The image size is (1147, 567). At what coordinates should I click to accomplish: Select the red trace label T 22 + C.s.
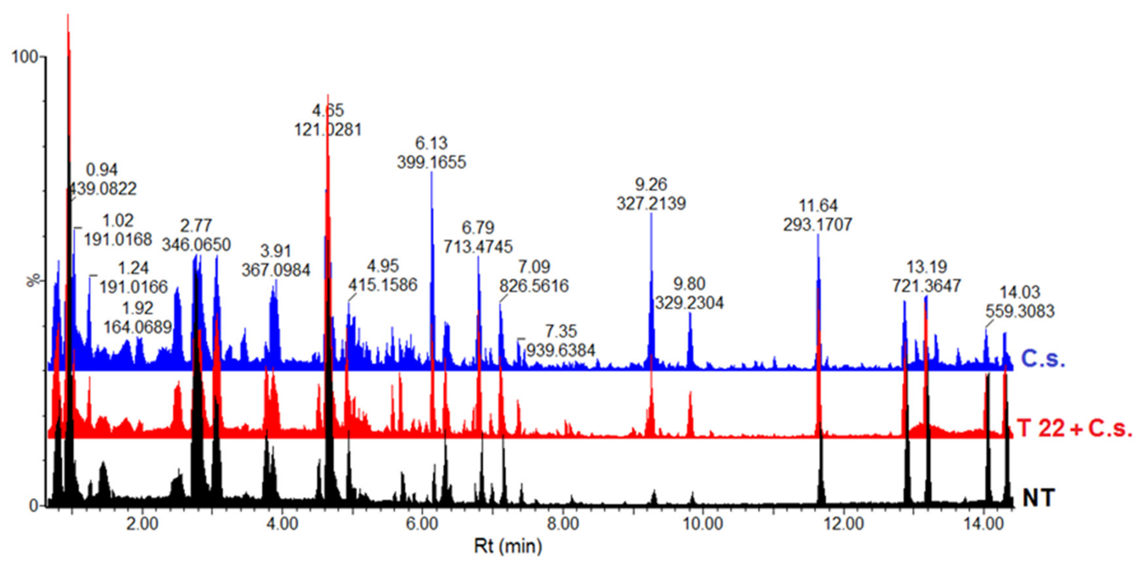(x=1074, y=429)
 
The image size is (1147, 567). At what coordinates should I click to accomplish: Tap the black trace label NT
(x=1039, y=497)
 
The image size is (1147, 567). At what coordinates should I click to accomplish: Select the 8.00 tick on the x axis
(x=563, y=524)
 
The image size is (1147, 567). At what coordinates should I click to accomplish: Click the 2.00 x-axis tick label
(x=142, y=524)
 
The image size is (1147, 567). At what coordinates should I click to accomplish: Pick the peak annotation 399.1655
(x=431, y=162)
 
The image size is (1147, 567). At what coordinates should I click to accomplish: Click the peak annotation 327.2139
(x=651, y=204)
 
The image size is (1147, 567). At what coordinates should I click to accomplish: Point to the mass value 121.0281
(x=328, y=129)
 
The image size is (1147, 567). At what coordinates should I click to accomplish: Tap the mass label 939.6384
(x=561, y=350)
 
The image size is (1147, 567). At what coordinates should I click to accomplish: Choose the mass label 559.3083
(x=1020, y=311)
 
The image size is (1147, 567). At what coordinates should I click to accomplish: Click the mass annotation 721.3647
(x=927, y=285)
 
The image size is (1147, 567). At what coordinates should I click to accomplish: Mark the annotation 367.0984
(x=276, y=270)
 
